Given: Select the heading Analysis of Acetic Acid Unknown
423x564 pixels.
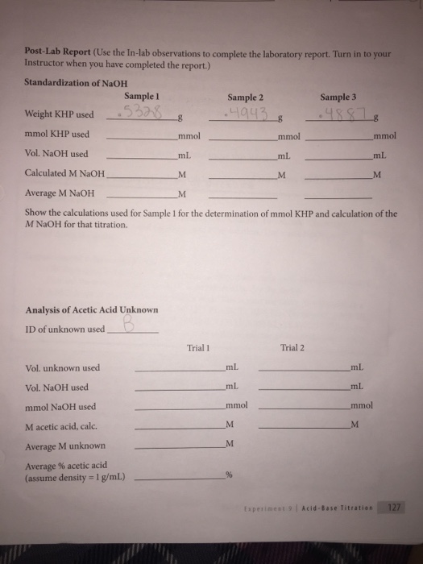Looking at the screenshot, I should (91, 310).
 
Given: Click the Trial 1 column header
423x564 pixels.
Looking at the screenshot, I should (197, 348).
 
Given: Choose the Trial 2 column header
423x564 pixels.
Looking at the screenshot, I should (294, 348).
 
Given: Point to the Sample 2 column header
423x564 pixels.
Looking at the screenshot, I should (247, 96).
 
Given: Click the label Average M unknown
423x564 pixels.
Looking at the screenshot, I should (66, 446).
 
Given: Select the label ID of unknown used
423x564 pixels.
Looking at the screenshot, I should (64, 329).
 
